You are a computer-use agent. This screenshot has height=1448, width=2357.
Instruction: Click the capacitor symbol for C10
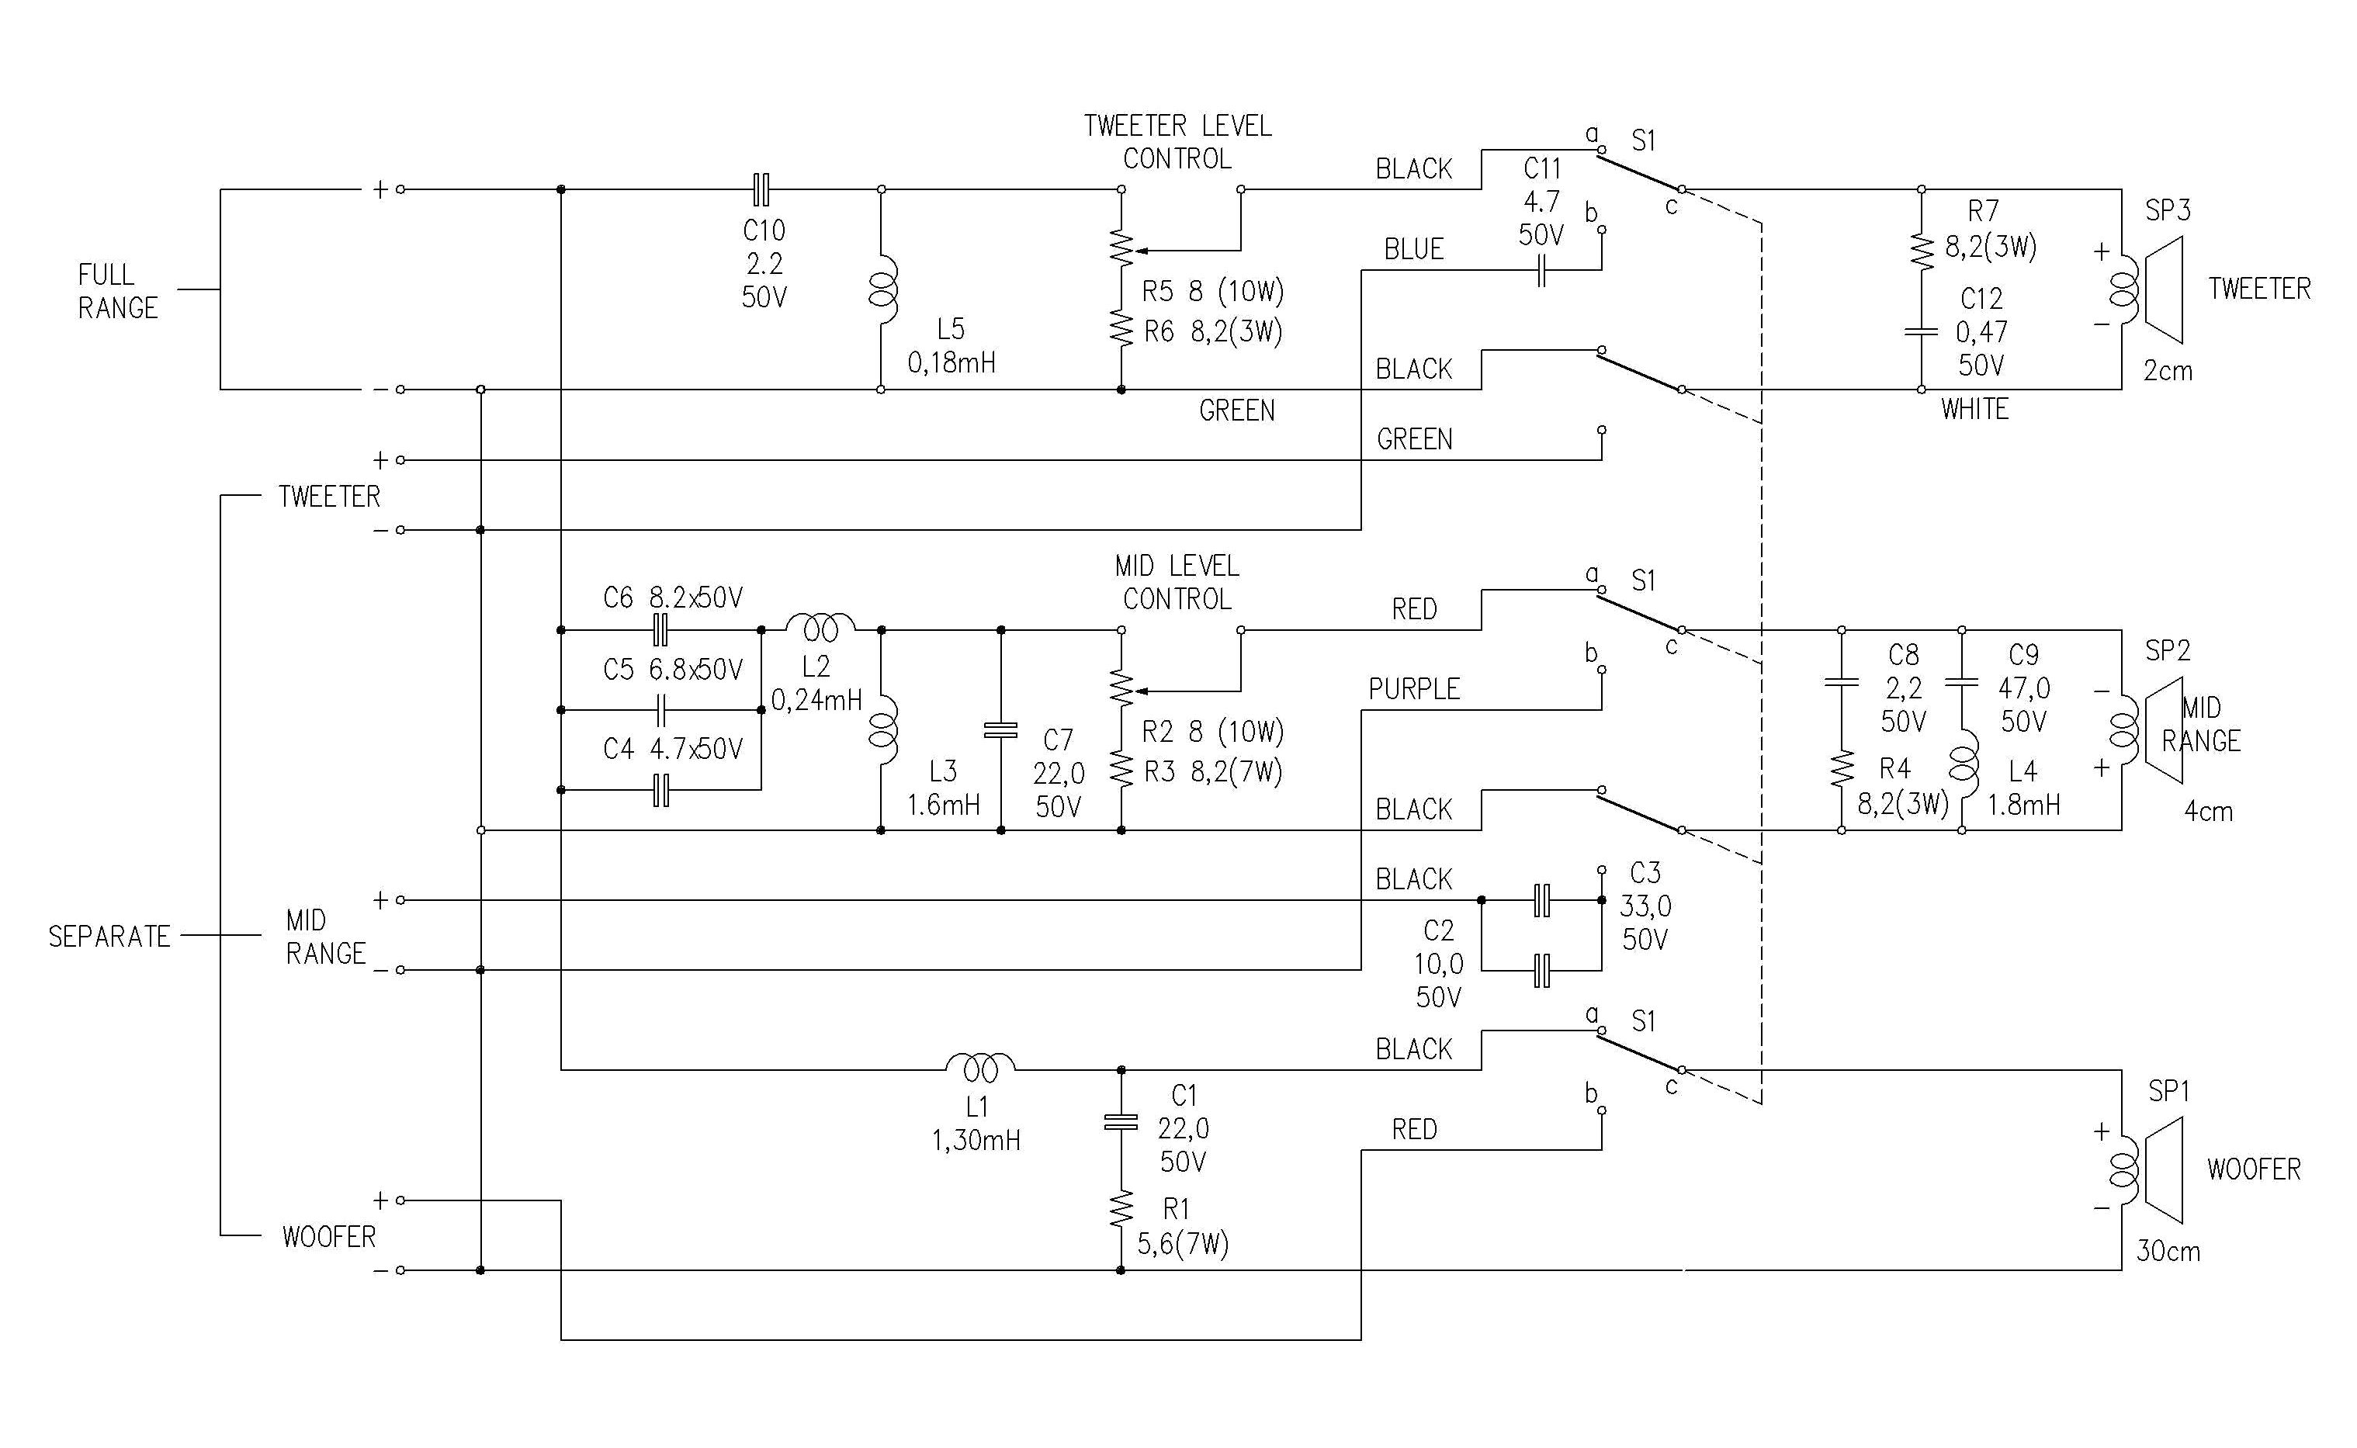coord(761,189)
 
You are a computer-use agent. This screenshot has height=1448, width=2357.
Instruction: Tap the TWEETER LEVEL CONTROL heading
coord(1177,142)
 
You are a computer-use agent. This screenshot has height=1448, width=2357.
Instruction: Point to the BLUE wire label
coord(1413,249)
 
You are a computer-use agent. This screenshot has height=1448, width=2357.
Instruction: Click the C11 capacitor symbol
coord(1541,271)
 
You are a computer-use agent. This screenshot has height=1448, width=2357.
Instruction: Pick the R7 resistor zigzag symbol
coord(1922,250)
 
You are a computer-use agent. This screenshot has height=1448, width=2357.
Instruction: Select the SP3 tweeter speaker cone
coord(2161,289)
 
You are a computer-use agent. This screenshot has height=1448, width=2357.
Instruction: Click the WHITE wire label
coord(1974,410)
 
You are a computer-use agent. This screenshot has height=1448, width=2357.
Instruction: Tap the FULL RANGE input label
coord(117,291)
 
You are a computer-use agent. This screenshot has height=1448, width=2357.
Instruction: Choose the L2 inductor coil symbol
coord(821,629)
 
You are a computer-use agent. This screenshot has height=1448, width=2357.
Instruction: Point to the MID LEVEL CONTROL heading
coord(1177,582)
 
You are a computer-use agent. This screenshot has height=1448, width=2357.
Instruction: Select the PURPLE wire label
coord(1413,690)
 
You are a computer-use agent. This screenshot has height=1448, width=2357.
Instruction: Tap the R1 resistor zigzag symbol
coord(1121,1210)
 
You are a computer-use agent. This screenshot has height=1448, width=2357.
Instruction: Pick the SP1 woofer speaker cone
coord(2161,1169)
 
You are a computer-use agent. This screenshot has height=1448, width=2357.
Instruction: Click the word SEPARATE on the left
coord(109,937)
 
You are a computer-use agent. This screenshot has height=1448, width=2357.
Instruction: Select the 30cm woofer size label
coord(2168,1252)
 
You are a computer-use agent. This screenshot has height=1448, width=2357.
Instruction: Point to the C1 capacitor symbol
coord(1121,1121)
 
